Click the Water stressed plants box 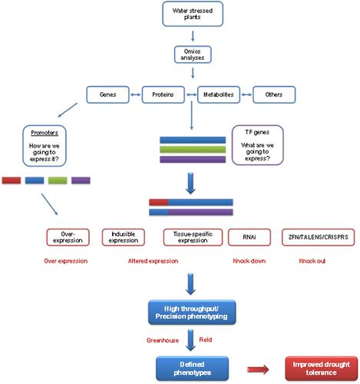click(x=193, y=14)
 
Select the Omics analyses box click(x=193, y=55)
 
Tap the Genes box click(x=107, y=94)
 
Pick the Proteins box click(x=163, y=94)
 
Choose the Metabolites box click(x=219, y=94)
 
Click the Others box click(x=274, y=94)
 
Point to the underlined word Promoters click(x=45, y=133)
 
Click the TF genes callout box click(x=258, y=145)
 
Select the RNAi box click(x=249, y=237)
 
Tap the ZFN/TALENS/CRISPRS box click(x=319, y=237)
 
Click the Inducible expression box click(x=124, y=237)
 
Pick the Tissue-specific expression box click(x=193, y=237)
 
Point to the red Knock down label click(x=249, y=261)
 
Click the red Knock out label click(x=312, y=261)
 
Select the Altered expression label click(x=153, y=261)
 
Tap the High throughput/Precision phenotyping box click(x=192, y=313)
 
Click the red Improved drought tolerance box click(x=322, y=369)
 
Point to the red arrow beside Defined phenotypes click(x=258, y=369)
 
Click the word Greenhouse click(x=163, y=340)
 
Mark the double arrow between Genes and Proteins click(x=136, y=94)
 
